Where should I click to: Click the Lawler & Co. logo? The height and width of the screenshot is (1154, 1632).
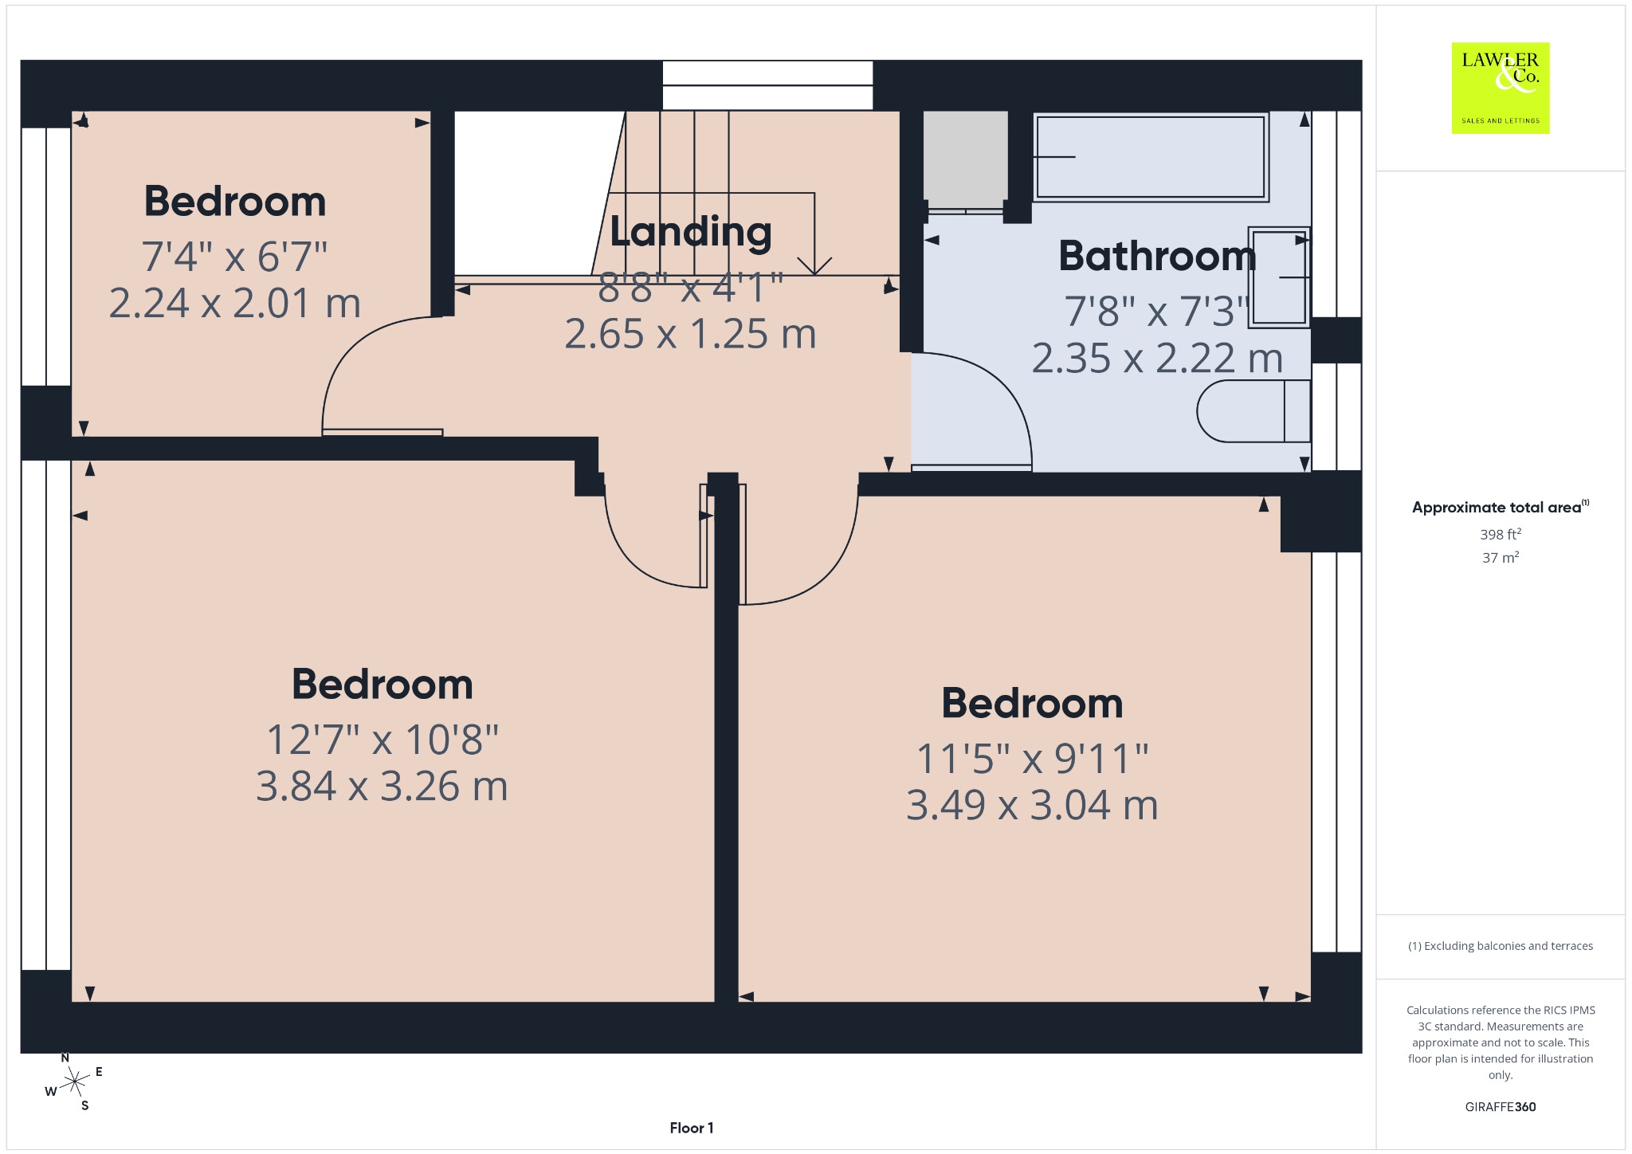pyautogui.click(x=1501, y=88)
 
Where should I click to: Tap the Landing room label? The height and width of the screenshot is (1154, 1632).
pyautogui.click(x=691, y=232)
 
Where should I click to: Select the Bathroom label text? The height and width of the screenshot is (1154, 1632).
pyautogui.click(x=1157, y=256)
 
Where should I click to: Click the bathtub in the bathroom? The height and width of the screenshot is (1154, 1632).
pyautogui.click(x=1151, y=157)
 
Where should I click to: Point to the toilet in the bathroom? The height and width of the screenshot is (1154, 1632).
pyautogui.click(x=1253, y=410)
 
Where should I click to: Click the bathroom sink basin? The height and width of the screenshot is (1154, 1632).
pyautogui.click(x=1279, y=277)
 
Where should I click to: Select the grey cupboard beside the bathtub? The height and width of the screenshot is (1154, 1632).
pyautogui.click(x=965, y=159)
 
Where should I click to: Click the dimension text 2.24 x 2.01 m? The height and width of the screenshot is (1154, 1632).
pyautogui.click(x=235, y=304)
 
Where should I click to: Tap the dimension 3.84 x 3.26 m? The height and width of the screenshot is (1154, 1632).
pyautogui.click(x=382, y=786)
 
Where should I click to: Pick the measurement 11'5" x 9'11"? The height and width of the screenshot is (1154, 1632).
pyautogui.click(x=1032, y=759)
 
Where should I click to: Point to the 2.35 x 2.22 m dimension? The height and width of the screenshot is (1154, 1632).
pyautogui.click(x=1157, y=359)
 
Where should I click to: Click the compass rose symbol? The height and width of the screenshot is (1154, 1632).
pyautogui.click(x=74, y=1081)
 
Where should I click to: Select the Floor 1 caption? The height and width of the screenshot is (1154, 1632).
pyautogui.click(x=692, y=1128)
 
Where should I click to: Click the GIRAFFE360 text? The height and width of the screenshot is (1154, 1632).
pyautogui.click(x=1501, y=1107)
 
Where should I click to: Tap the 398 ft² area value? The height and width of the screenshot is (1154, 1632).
pyautogui.click(x=1501, y=534)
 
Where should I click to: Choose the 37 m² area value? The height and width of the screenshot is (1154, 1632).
pyautogui.click(x=1501, y=557)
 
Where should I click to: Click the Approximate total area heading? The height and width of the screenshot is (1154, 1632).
pyautogui.click(x=1501, y=507)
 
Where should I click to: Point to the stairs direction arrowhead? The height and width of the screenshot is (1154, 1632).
pyautogui.click(x=814, y=266)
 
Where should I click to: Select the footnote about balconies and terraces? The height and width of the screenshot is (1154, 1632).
pyautogui.click(x=1501, y=946)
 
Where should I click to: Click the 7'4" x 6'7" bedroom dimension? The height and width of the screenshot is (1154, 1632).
pyautogui.click(x=235, y=257)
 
